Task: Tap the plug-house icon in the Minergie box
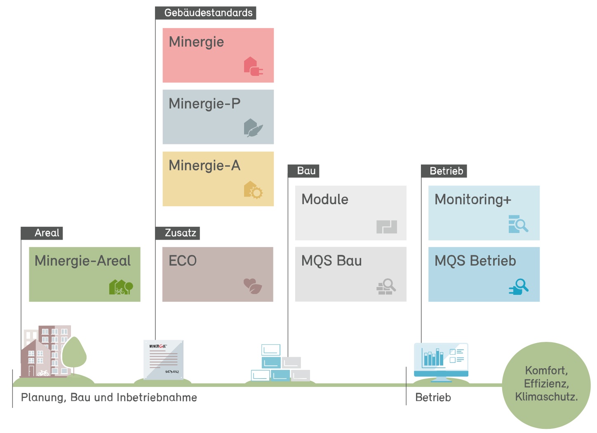253,67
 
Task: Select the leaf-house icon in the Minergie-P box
253,128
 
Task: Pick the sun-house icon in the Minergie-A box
253,190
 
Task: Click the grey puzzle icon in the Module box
386,227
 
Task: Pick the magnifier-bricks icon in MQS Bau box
386,287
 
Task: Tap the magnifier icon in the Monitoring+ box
518,224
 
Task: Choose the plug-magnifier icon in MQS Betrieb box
518,287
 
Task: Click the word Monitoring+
472,200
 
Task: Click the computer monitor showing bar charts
441,360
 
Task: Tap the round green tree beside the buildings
74,354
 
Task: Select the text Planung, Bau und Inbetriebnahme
109,398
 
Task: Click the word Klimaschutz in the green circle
546,397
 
